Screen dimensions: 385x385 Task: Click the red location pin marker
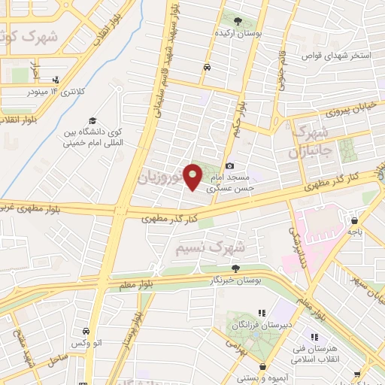(x=193, y=176)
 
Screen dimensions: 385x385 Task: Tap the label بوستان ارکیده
(x=238, y=34)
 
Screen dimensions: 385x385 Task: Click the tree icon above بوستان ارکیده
(x=238, y=21)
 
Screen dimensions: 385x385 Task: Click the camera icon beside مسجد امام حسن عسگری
(x=230, y=165)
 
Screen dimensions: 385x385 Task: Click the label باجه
(x=354, y=232)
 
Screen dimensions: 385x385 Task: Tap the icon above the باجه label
(x=354, y=220)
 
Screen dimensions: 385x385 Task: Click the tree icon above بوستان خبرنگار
(x=236, y=268)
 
